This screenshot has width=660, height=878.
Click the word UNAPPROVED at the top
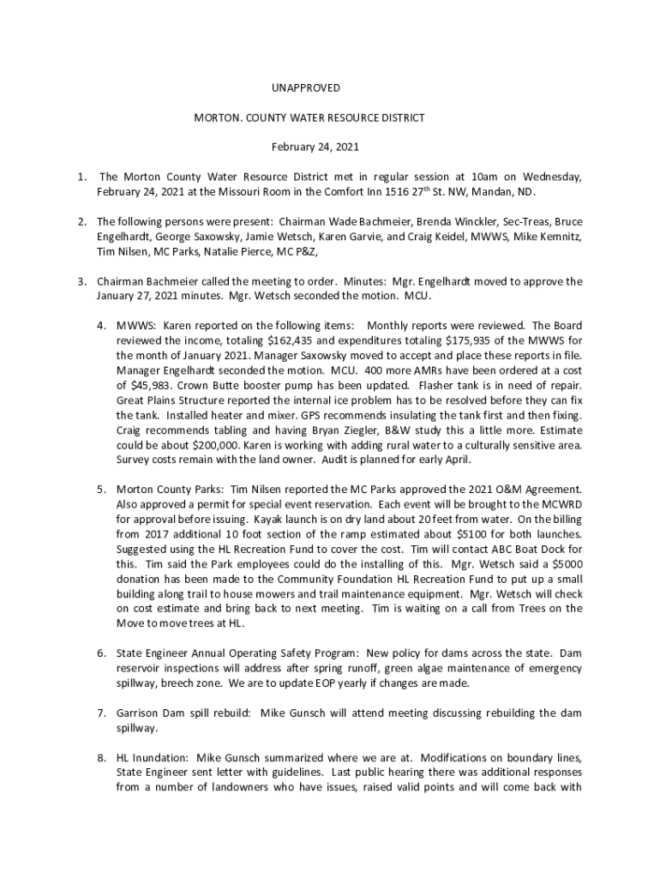tap(306, 88)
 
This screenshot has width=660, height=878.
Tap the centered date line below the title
tap(315, 147)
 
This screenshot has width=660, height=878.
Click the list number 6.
tap(100, 653)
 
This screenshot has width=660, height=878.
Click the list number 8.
tap(100, 757)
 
